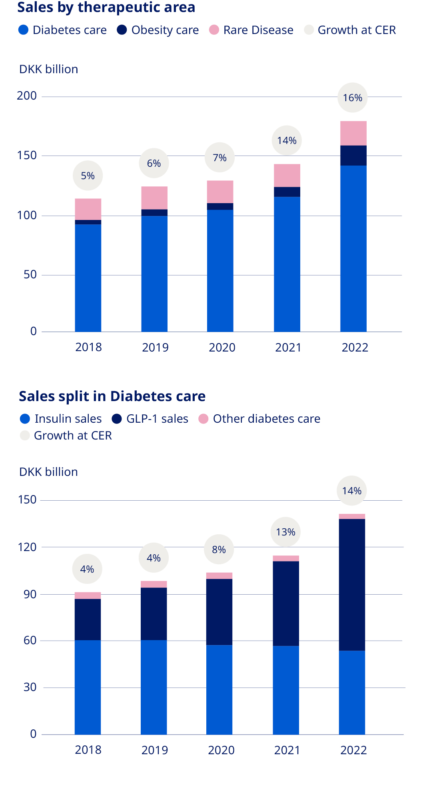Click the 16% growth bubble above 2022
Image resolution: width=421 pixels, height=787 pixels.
pyautogui.click(x=353, y=98)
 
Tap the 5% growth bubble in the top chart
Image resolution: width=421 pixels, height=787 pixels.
pyautogui.click(x=88, y=176)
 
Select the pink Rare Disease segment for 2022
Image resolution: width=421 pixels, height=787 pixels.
pyautogui.click(x=353, y=133)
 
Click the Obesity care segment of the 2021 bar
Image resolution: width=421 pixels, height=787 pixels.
pyautogui.click(x=287, y=192)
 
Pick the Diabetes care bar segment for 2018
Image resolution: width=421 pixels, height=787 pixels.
pyautogui.click(x=88, y=278)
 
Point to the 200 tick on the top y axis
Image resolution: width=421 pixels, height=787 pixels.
pyautogui.click(x=27, y=96)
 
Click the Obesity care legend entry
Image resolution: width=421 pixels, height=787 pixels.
pyautogui.click(x=158, y=30)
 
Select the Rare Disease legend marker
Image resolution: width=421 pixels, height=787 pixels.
pyautogui.click(x=214, y=30)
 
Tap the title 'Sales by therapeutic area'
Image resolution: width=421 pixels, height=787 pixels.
pyautogui.click(x=106, y=7)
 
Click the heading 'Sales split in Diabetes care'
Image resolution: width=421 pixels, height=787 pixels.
pyautogui.click(x=112, y=396)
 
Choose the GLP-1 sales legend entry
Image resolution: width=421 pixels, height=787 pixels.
pyautogui.click(x=150, y=419)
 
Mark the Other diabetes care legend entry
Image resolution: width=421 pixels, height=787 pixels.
pyautogui.click(x=259, y=419)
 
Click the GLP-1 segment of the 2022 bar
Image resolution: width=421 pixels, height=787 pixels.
pyautogui.click(x=352, y=585)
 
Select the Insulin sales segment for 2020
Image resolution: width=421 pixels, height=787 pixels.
pyautogui.click(x=219, y=689)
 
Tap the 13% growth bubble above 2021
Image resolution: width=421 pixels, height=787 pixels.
pyautogui.click(x=285, y=532)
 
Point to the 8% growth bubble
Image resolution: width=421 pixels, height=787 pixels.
pyautogui.click(x=219, y=549)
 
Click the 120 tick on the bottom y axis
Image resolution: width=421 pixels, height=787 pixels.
pyautogui.click(x=27, y=547)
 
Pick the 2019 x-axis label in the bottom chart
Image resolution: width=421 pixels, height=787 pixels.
pyautogui.click(x=154, y=750)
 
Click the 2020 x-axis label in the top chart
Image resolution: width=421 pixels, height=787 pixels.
pyautogui.click(x=222, y=347)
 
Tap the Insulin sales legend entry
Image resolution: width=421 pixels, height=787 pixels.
pyautogui.click(x=61, y=419)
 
